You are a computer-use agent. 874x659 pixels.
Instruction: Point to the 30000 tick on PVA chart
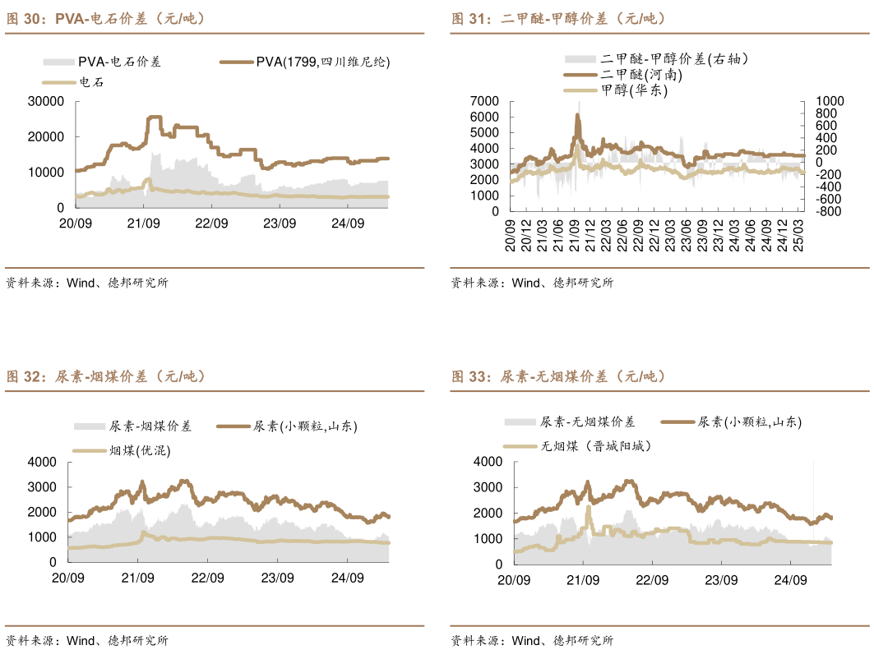[46, 101]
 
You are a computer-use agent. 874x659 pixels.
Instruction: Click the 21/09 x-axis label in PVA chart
[143, 224]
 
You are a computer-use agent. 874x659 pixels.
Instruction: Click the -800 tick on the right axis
[828, 211]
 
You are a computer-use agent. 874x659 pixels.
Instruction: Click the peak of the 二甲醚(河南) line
[577, 116]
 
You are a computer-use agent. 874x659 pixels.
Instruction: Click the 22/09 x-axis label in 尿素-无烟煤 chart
[653, 580]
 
